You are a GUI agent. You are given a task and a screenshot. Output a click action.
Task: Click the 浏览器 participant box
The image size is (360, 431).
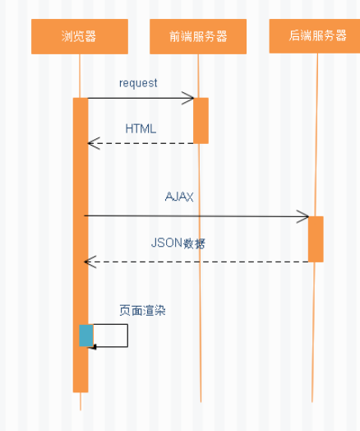pos(80,36)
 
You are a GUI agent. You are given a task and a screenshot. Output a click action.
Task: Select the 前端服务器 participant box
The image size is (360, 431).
pos(198,36)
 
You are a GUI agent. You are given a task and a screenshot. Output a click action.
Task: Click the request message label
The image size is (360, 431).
pos(138,83)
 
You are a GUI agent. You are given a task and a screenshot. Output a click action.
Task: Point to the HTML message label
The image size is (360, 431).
pos(141,129)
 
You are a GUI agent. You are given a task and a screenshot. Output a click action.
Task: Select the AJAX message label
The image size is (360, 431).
pos(178,197)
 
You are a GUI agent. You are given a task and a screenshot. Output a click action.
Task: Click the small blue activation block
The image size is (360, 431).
pos(86,335)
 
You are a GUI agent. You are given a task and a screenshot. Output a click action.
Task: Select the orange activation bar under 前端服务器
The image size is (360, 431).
pos(201,120)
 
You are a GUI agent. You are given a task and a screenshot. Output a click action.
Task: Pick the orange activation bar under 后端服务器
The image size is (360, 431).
pos(316,239)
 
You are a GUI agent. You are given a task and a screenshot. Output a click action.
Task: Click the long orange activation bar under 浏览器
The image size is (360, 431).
pos(81,247)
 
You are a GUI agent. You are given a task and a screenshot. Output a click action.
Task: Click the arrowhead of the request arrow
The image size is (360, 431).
pos(190,99)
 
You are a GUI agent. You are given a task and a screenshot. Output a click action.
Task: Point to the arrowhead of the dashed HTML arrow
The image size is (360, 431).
pos(92,144)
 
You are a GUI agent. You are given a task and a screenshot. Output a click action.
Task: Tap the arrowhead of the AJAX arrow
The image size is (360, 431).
pos(304,217)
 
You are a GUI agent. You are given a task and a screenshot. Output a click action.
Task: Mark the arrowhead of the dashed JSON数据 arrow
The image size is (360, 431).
pos(90,262)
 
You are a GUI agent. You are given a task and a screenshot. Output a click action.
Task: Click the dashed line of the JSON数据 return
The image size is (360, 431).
pos(197,262)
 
